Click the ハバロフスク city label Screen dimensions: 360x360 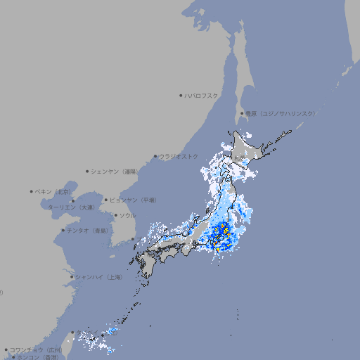coord(202,95)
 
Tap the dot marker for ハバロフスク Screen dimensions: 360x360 coord(181,95)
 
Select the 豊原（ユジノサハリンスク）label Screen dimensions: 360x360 coord(280,113)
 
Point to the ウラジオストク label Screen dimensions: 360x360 coord(179,156)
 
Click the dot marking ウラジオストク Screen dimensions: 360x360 coord(155,156)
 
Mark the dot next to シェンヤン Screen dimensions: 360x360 coord(87,171)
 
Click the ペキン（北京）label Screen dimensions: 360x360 coord(53,191)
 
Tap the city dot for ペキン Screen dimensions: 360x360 coord(32,191)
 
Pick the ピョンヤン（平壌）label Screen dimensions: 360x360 coord(134,200)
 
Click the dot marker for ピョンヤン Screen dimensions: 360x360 coord(107,200)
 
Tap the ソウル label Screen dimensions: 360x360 coord(127,215)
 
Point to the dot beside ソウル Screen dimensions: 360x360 coord(115,215)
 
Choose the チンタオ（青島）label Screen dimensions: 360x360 coord(88,230)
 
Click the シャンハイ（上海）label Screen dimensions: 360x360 coord(98,277)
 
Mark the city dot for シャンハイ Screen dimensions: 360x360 coord(72,277)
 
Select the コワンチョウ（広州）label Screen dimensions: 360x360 coord(36,349)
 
